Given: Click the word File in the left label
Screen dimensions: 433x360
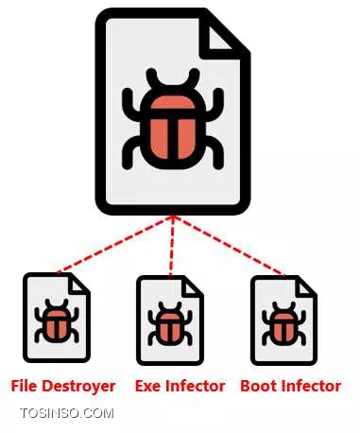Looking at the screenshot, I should tap(26, 386).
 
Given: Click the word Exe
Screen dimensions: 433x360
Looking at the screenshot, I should tap(149, 386).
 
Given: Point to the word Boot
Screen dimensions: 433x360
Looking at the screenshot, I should tap(259, 386).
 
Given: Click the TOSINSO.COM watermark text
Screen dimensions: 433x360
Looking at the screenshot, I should tap(67, 413).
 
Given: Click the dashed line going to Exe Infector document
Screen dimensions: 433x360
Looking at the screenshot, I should tap(171, 246).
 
